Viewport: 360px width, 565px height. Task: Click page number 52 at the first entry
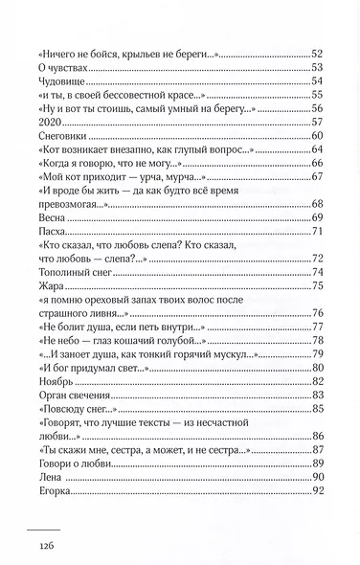(x=318, y=53)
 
